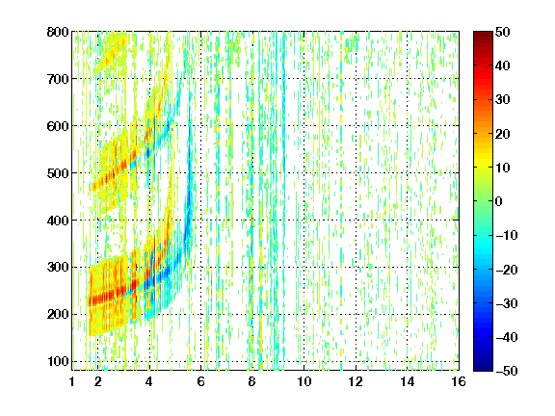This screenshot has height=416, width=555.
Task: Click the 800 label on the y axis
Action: (x=58, y=32)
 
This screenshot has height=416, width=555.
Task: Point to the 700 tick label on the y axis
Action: (x=58, y=79)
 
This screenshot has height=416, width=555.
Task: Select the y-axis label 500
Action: (x=58, y=173)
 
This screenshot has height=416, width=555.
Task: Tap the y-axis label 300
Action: (x=58, y=267)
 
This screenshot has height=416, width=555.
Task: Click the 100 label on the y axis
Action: (x=58, y=361)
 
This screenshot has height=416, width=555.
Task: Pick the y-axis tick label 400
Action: (x=58, y=221)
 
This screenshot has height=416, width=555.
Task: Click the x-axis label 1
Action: (x=72, y=381)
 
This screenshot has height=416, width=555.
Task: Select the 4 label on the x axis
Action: (x=149, y=381)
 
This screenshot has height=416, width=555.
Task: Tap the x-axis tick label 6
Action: (x=200, y=381)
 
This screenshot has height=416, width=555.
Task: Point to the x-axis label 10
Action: (x=304, y=381)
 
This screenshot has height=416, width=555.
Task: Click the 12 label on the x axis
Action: (x=356, y=381)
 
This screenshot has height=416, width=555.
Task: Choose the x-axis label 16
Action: (x=459, y=381)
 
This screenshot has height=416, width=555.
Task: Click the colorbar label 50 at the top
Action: (x=503, y=32)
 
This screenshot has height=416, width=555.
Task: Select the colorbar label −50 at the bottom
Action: (x=507, y=371)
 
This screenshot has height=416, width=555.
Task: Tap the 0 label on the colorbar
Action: (x=499, y=201)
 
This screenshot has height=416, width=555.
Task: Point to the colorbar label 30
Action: (x=503, y=100)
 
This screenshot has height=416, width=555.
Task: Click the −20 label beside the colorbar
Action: (x=507, y=270)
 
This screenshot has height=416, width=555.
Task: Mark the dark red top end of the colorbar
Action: (x=483, y=33)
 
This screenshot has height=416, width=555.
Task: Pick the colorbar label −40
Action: (x=507, y=337)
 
